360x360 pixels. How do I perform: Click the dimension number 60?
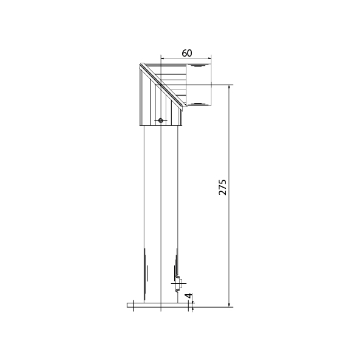point(186,53)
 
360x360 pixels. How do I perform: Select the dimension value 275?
point(222,187)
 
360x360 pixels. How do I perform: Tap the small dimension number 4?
point(189,295)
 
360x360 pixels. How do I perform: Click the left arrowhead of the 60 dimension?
point(162,58)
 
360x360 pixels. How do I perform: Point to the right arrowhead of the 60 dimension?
point(210,58)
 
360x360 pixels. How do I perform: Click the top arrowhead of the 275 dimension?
point(229,86)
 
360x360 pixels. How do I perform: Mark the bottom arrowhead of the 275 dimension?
point(229,305)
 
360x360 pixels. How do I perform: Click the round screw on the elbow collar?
point(161,120)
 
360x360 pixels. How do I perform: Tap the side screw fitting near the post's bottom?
point(178,284)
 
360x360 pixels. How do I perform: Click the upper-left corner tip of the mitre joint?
point(140,65)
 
